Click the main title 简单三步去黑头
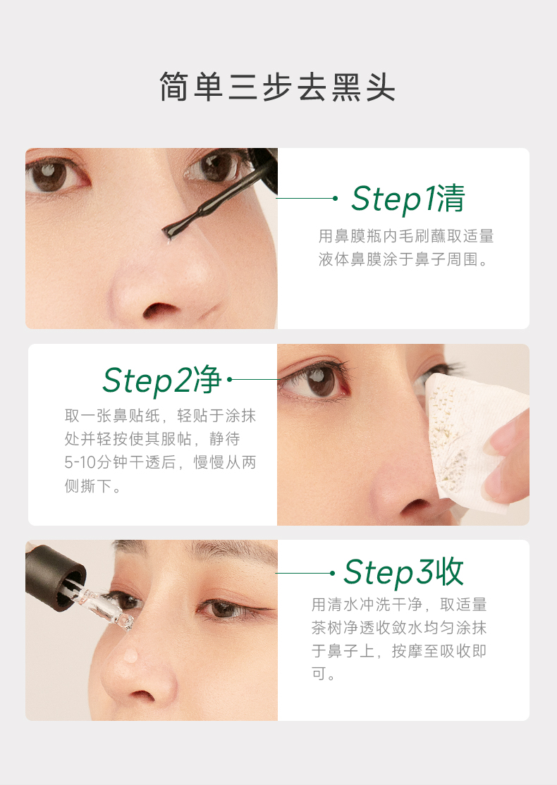point(278,87)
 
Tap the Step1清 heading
point(408,199)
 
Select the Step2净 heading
point(161,380)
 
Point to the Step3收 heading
point(403,572)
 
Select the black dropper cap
point(55,576)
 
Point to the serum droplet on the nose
point(130,655)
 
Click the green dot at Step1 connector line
point(335,198)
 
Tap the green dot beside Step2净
point(229,380)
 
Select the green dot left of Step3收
point(332,573)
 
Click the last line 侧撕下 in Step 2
point(88,486)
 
